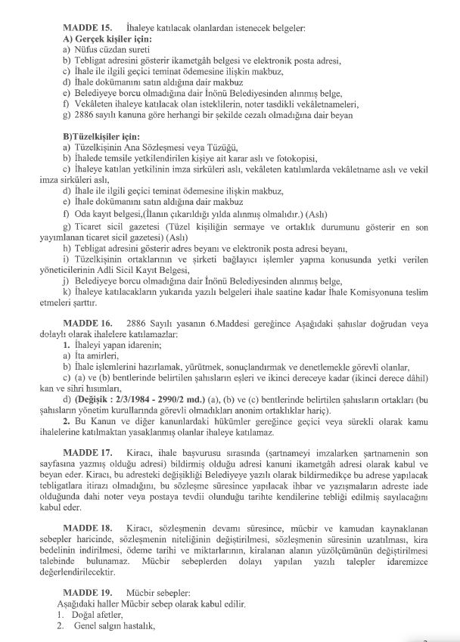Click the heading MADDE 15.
86,28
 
